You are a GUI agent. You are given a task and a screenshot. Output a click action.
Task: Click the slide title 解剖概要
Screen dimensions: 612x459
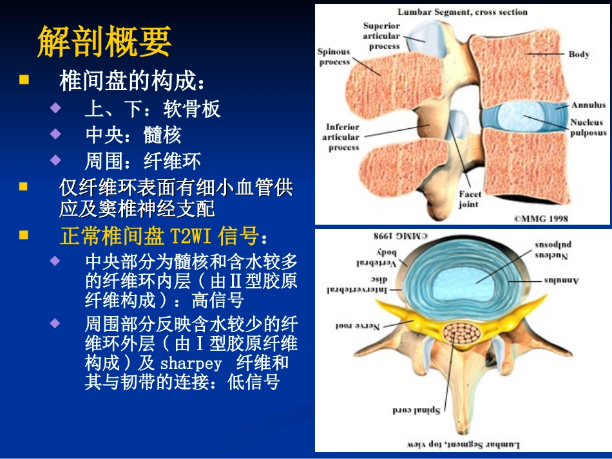[x=104, y=42]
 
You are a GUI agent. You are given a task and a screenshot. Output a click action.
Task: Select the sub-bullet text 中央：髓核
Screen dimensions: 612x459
[x=133, y=135]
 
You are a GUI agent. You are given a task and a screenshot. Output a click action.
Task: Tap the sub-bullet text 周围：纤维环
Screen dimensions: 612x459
[x=143, y=160]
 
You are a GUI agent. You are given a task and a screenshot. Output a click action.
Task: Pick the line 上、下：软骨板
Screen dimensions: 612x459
[x=153, y=109]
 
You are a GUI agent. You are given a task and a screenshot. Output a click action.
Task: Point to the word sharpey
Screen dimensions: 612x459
[x=191, y=363]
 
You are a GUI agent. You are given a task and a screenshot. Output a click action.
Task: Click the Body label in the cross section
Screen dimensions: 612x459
[x=579, y=55]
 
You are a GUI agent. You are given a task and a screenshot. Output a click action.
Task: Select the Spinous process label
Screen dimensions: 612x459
[x=333, y=57]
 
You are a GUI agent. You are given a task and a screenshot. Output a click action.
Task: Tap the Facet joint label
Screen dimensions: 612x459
[x=469, y=199]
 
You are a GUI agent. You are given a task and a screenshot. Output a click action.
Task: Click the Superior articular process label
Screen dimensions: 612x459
[x=381, y=36]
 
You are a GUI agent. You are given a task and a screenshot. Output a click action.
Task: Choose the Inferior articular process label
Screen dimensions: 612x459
[x=343, y=137]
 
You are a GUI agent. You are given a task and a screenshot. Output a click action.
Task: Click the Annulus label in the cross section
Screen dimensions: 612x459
[x=588, y=105]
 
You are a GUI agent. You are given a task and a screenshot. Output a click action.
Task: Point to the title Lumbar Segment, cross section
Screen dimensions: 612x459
[x=462, y=12]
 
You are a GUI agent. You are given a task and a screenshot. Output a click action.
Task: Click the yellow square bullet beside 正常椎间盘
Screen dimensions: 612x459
[x=24, y=236]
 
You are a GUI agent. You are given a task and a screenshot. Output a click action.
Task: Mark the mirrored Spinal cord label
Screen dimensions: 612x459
[x=416, y=409]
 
